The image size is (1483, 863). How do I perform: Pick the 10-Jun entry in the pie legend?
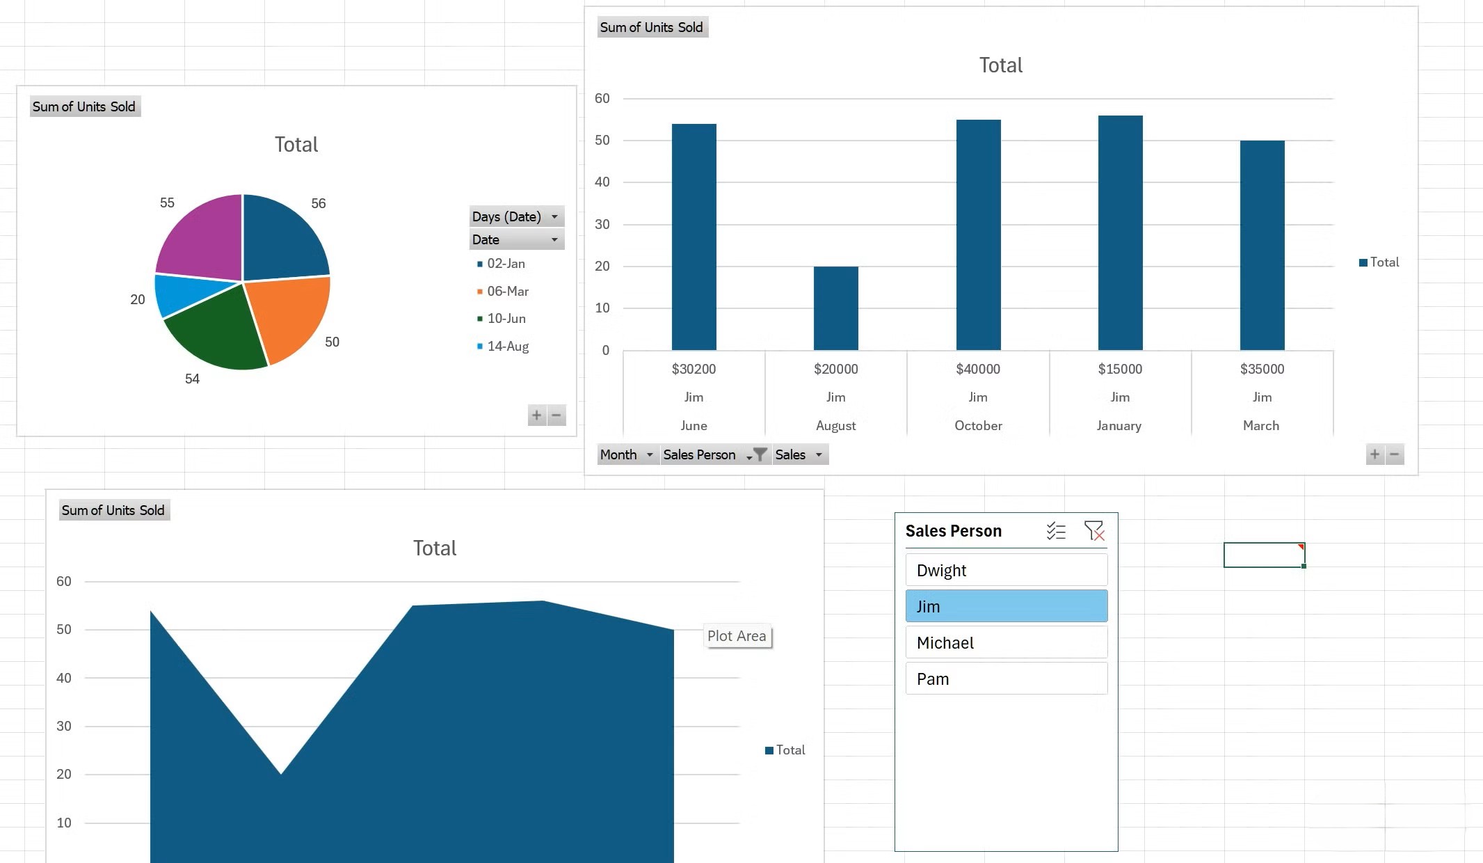(x=506, y=319)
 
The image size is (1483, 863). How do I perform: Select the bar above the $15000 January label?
(x=1120, y=232)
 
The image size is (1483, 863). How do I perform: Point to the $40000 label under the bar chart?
(x=977, y=369)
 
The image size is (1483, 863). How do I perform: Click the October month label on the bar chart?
(x=977, y=425)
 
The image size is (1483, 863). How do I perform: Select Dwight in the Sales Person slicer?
(x=1006, y=570)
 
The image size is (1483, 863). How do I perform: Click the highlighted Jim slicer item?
(x=1006, y=606)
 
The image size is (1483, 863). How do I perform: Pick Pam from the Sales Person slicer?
(x=1006, y=679)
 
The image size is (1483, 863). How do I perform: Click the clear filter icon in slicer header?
(x=1094, y=531)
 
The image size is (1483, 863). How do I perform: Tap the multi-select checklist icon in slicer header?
(x=1056, y=531)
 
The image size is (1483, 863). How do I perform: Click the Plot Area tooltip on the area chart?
(x=737, y=635)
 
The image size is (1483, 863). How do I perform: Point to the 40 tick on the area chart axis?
(x=64, y=678)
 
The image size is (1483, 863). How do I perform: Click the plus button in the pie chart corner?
(x=536, y=415)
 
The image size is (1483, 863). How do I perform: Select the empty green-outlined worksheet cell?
(x=1263, y=555)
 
